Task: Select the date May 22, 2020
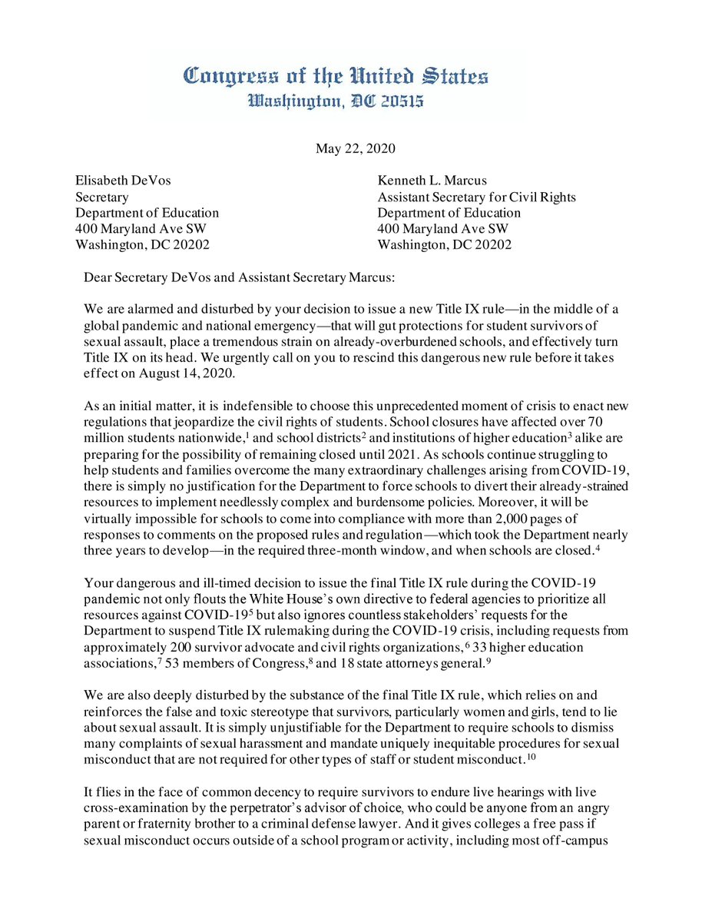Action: [356, 148]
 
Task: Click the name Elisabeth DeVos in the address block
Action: [123, 181]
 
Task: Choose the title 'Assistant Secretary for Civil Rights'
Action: [476, 197]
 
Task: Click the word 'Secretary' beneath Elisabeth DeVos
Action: [101, 197]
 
